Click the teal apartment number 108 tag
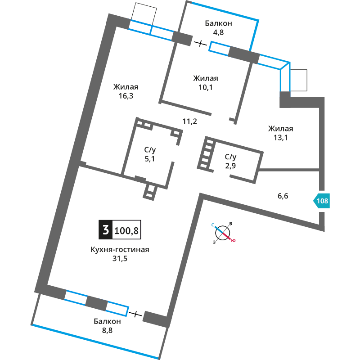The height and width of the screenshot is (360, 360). point(321,201)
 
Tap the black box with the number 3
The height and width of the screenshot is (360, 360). point(106,229)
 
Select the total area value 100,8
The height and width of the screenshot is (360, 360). point(126,230)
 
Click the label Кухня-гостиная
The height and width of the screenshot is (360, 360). point(120,249)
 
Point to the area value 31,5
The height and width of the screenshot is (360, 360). point(120,258)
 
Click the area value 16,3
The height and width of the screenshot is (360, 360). point(126,96)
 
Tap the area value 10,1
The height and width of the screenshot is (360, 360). point(206,87)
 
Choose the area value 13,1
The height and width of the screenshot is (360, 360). point(280,138)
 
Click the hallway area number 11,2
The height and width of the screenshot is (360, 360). point(189,121)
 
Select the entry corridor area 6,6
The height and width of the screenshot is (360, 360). point(283,196)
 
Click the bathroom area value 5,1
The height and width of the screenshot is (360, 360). point(150,159)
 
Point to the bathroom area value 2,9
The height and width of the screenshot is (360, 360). point(230,166)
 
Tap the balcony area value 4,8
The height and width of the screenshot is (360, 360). point(218,32)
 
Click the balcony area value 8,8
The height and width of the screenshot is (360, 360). point(107,330)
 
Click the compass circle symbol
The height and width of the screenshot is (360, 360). point(222,233)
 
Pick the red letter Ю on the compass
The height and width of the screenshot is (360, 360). point(233,241)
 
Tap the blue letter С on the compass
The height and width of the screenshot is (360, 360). point(213,225)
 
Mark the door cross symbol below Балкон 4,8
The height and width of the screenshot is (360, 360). point(200,43)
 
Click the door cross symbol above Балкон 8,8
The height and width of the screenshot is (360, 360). point(135,314)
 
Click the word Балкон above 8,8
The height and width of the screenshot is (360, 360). point(107,321)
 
